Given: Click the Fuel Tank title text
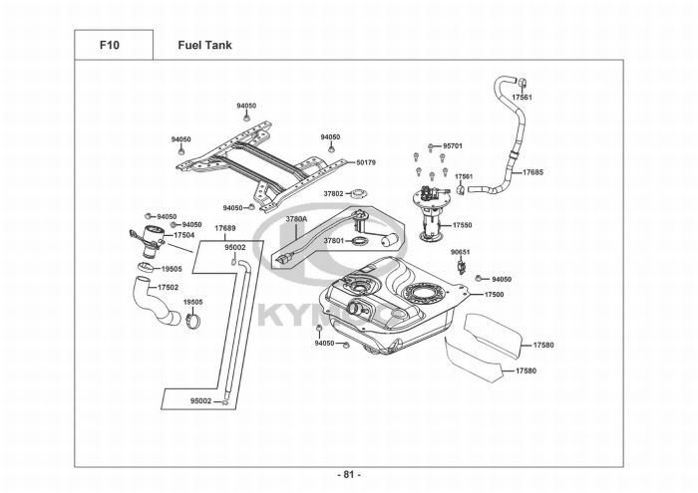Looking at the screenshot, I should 205,46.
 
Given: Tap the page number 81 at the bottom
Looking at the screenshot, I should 348,473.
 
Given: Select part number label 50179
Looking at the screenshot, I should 366,162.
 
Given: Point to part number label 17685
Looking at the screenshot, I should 533,172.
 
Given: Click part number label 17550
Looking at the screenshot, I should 462,225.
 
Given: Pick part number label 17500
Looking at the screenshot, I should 495,295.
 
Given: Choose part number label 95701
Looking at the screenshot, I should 453,146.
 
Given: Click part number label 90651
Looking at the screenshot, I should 461,253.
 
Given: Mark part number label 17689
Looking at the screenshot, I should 225,229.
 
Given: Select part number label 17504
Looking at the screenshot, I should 183,235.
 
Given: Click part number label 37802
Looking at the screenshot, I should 332,194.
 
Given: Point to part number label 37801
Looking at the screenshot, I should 333,240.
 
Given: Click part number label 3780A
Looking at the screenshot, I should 296,218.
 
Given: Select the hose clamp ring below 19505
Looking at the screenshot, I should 194,321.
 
